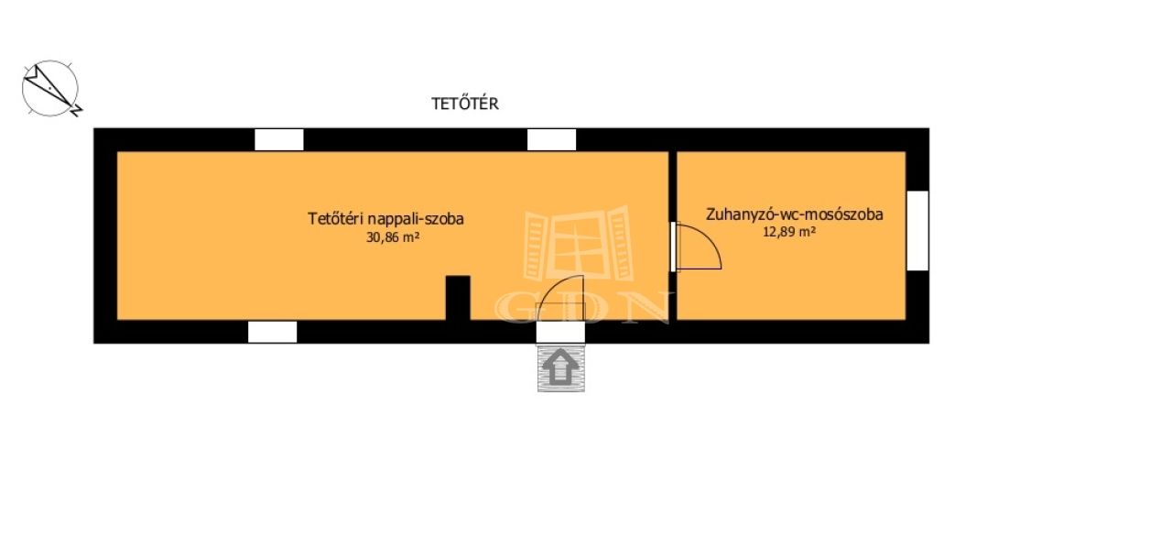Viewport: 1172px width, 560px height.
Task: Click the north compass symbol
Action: tap(51, 89)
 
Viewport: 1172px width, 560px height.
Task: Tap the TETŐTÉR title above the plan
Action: tap(465, 104)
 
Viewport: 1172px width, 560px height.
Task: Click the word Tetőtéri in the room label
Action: tap(334, 219)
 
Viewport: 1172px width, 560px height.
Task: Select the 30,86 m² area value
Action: tap(393, 236)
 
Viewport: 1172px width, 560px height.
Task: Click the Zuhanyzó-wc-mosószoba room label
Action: tap(794, 214)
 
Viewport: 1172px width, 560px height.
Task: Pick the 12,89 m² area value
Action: tap(788, 232)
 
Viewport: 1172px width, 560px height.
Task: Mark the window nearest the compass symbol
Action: tap(278, 139)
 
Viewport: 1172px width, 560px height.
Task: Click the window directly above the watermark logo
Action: tap(551, 139)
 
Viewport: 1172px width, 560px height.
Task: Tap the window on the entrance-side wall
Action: tap(272, 332)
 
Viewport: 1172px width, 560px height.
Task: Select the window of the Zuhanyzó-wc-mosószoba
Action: tap(917, 230)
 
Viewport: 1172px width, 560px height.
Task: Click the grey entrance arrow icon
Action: tap(560, 368)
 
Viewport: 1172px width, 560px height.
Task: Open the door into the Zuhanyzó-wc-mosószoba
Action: tap(698, 246)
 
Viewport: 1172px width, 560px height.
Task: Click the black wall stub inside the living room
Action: tap(458, 298)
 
